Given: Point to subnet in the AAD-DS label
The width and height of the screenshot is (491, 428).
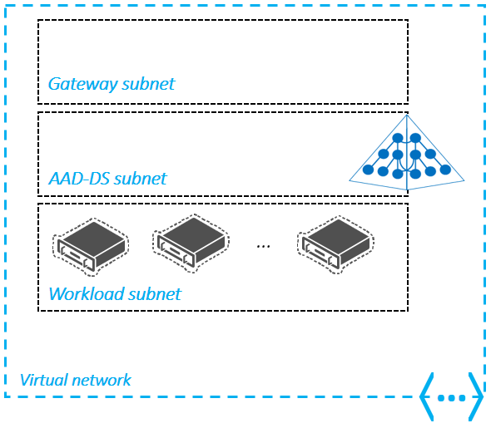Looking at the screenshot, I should (x=140, y=179).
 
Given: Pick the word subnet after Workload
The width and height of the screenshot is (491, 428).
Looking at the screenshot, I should (x=154, y=294).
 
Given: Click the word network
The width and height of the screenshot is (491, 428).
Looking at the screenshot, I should (x=102, y=380).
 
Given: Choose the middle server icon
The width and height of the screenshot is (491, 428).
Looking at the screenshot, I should (x=191, y=244).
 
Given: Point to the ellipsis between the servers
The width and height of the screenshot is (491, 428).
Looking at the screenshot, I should (x=264, y=246).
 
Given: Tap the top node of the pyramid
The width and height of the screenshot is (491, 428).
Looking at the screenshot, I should (x=398, y=138).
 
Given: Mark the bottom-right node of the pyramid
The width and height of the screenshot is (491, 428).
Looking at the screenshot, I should (x=445, y=170).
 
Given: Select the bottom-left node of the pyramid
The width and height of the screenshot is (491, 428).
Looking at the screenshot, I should (x=366, y=170).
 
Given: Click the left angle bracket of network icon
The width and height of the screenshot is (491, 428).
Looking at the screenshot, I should (x=427, y=396).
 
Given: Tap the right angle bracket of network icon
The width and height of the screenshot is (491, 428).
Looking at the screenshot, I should (x=476, y=396).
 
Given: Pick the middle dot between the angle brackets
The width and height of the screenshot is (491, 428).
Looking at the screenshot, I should (x=452, y=398).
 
